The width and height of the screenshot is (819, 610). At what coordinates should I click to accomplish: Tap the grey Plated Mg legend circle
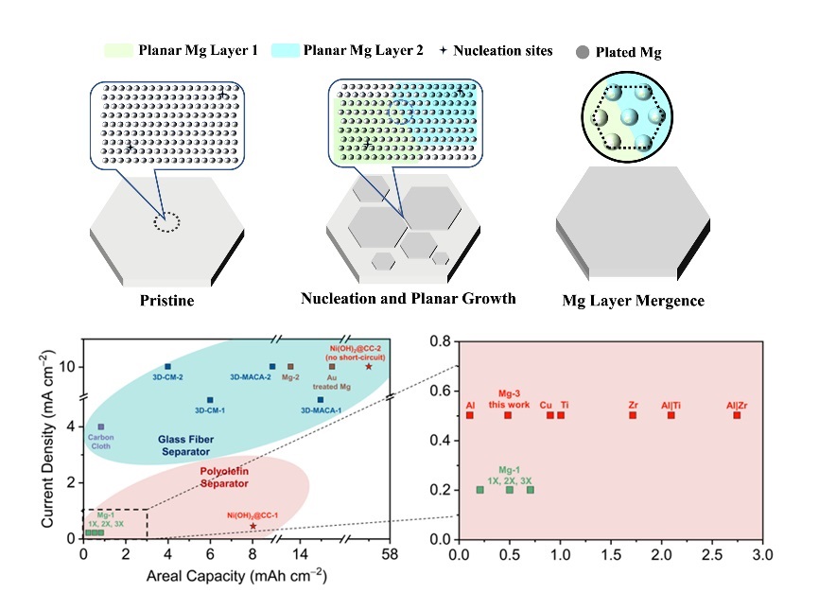[580, 52]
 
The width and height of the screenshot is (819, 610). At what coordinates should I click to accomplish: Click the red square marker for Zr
[633, 415]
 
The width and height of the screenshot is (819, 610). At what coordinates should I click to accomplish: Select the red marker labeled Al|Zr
[737, 415]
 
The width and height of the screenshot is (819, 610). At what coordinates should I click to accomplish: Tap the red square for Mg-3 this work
[508, 415]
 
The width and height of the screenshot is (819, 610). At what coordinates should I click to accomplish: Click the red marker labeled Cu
[550, 415]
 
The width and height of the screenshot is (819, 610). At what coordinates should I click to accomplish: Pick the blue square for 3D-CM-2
[168, 367]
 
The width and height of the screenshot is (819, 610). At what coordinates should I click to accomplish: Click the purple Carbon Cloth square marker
[101, 427]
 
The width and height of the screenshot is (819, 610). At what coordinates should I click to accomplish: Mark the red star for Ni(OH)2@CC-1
[253, 526]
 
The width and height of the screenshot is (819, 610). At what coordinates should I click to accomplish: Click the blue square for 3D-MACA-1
[321, 400]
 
